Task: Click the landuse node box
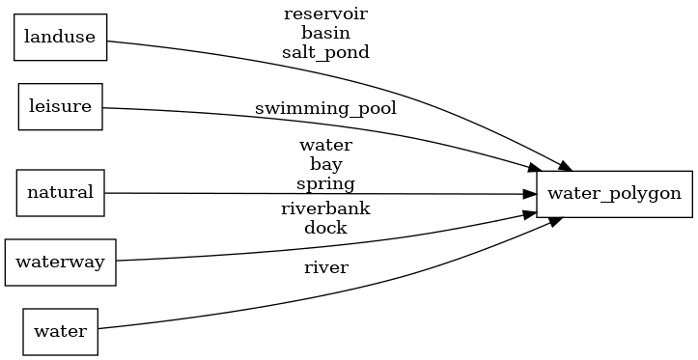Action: pyautogui.click(x=60, y=39)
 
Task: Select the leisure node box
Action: pyautogui.click(x=60, y=106)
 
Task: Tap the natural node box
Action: pyautogui.click(x=60, y=192)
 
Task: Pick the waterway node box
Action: pyautogui.click(x=60, y=263)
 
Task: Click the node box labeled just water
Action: pyautogui.click(x=60, y=331)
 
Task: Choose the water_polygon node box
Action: pyautogui.click(x=614, y=193)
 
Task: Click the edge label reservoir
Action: pyautogui.click(x=325, y=14)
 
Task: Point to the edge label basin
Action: pyautogui.click(x=325, y=33)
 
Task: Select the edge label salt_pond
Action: pyautogui.click(x=325, y=52)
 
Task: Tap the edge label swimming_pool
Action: pyautogui.click(x=325, y=108)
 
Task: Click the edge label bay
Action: pyautogui.click(x=325, y=164)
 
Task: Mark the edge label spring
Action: pyautogui.click(x=325, y=183)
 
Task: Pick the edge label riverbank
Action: pyautogui.click(x=325, y=208)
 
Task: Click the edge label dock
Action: pyautogui.click(x=325, y=228)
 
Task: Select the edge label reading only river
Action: pyautogui.click(x=325, y=267)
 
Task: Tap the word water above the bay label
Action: pyautogui.click(x=325, y=145)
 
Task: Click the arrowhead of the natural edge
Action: pyautogui.click(x=529, y=194)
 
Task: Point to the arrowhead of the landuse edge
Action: pyautogui.click(x=557, y=165)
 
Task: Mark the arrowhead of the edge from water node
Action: pyautogui.click(x=557, y=221)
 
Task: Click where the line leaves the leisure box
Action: pyautogui.click(x=103, y=107)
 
